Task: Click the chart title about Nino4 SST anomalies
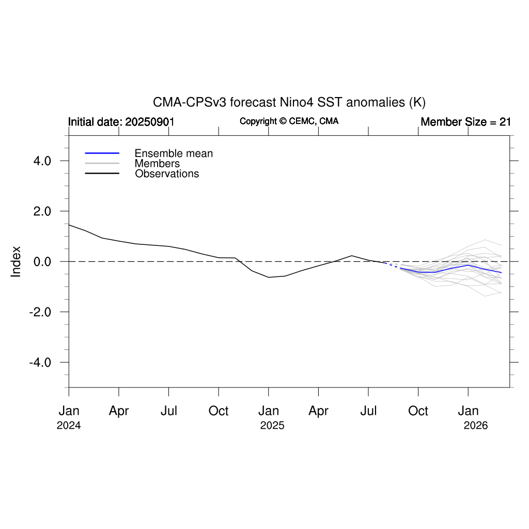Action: click(x=289, y=102)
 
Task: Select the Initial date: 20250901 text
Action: click(x=121, y=122)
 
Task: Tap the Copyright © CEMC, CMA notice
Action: click(x=289, y=121)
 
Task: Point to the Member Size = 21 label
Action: click(x=465, y=122)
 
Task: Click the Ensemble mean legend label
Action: click(x=174, y=153)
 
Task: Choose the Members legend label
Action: click(x=157, y=164)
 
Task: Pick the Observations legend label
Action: click(x=167, y=174)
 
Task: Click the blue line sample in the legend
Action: click(x=102, y=153)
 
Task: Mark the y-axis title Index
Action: click(x=17, y=261)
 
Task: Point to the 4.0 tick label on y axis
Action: click(x=40, y=161)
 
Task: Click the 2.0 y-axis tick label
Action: click(x=40, y=211)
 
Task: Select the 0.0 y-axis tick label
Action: click(x=40, y=261)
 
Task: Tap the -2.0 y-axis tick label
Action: click(x=38, y=312)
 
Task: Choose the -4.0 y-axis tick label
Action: click(x=38, y=362)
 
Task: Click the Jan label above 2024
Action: click(x=69, y=411)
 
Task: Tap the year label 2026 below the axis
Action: click(x=476, y=426)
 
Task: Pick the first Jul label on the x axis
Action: click(x=169, y=411)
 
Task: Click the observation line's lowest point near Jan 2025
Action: click(x=269, y=277)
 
